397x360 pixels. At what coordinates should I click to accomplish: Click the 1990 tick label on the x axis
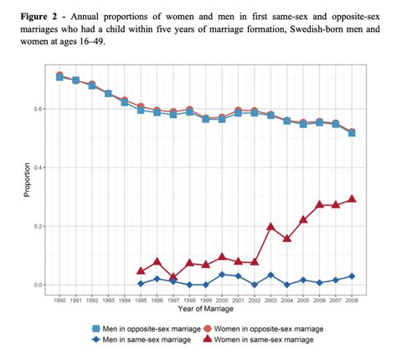[59, 300]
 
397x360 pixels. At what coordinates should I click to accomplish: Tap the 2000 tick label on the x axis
[222, 300]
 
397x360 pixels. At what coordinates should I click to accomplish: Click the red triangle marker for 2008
[351, 199]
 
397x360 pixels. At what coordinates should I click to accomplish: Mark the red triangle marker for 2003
[271, 227]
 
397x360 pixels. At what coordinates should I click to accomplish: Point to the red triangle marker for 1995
[141, 271]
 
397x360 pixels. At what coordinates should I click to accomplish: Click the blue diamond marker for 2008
[351, 276]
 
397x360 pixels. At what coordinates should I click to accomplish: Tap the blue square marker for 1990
[59, 77]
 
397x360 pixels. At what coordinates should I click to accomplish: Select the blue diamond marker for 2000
[222, 275]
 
